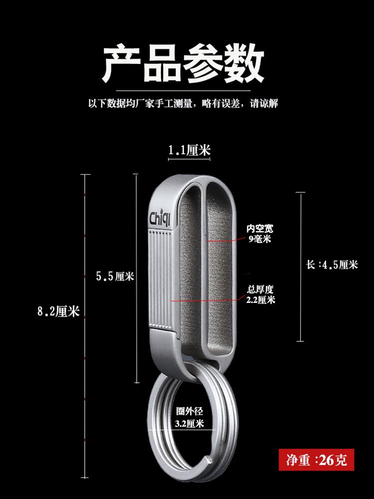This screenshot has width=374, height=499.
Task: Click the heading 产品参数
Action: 183,65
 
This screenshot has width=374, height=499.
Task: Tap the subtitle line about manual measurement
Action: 183,104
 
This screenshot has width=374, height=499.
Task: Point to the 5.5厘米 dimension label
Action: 115,276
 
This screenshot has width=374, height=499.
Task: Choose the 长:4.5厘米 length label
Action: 332,265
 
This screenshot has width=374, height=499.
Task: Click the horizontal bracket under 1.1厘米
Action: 189,160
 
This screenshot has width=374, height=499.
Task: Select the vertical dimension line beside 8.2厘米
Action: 86,249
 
